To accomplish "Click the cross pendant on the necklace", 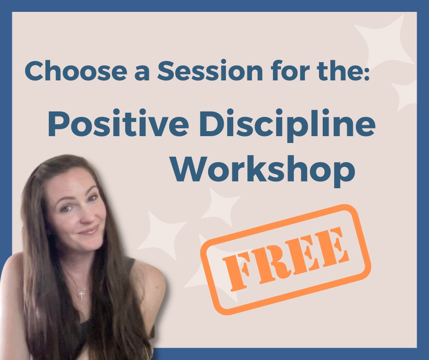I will point(82,294).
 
